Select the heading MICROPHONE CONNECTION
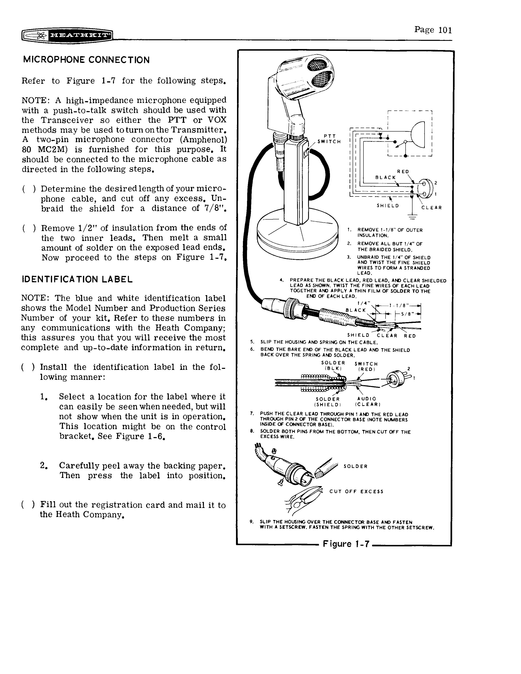tap(86, 60)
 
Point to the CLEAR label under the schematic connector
tap(432, 208)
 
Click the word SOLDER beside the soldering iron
tap(356, 466)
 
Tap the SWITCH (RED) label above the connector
tap(366, 366)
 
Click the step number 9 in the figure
tap(252, 522)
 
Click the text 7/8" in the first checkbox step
tap(215, 208)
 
